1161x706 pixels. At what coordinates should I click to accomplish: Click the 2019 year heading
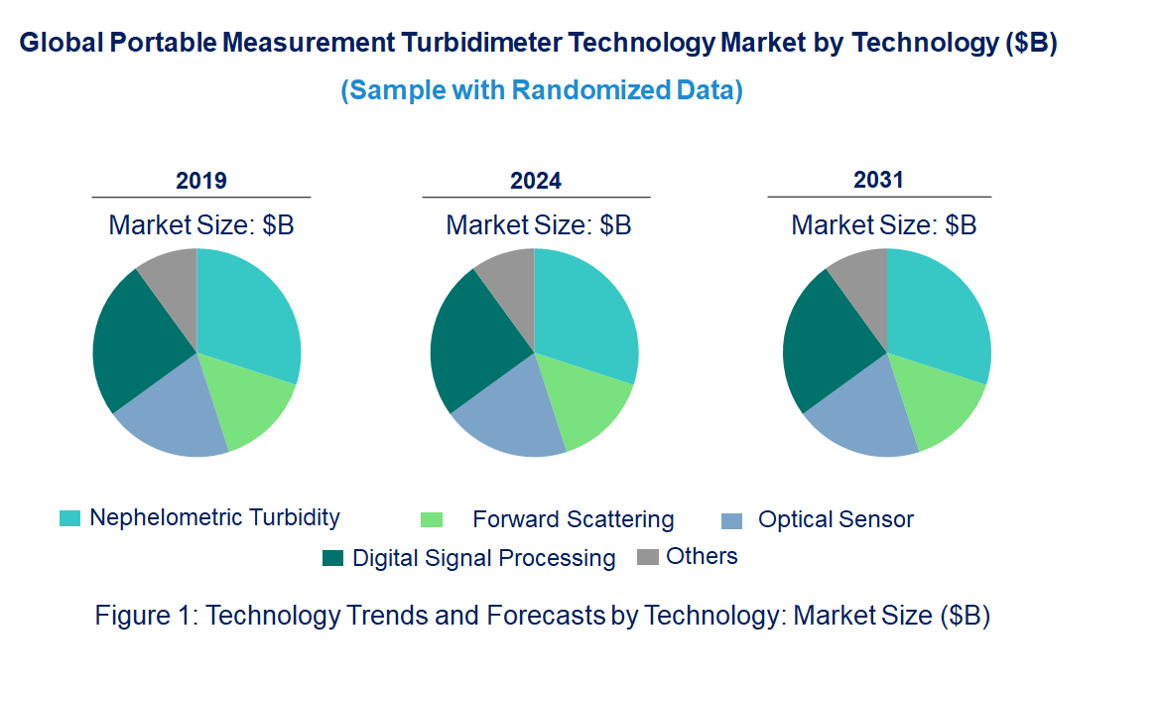coord(201,181)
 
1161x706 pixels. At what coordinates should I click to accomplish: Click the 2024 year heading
coord(536,181)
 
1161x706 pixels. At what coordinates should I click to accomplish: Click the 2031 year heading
coord(879,180)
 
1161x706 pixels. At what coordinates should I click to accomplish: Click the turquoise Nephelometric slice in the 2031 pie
coord(938,313)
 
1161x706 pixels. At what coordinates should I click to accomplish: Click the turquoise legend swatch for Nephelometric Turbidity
coord(70,518)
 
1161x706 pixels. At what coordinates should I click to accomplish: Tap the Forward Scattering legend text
coord(573,519)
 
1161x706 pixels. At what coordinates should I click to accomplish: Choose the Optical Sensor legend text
coord(836,519)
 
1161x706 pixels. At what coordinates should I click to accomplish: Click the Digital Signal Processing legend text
coord(483,558)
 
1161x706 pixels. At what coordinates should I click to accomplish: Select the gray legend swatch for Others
coord(647,557)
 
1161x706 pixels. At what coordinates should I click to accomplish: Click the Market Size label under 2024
coord(538,225)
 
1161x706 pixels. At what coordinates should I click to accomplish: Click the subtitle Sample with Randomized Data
coord(542,90)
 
